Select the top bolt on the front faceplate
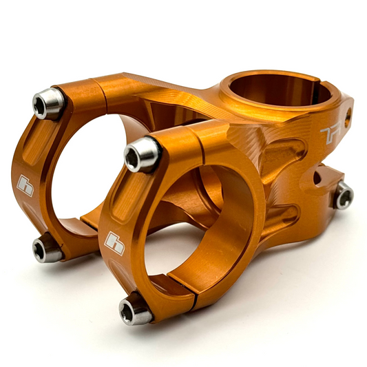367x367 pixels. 142,155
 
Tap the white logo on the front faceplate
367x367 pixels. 114,242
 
